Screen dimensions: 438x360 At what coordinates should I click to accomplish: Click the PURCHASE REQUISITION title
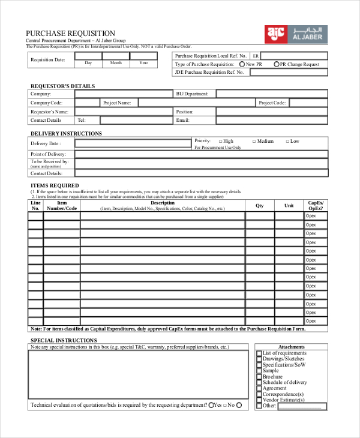70,33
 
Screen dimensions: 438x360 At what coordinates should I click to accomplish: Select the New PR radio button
242,64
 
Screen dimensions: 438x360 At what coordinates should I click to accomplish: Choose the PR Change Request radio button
277,64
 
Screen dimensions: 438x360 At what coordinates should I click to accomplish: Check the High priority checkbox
221,142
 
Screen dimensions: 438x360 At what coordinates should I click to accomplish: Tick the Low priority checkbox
287,142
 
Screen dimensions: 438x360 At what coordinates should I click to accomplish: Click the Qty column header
260,206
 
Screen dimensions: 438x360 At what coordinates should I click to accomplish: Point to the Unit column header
289,206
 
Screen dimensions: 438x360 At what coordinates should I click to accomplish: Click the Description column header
163,203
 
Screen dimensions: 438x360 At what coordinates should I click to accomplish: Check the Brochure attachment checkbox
259,377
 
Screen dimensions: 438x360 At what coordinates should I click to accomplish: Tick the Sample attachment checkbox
259,371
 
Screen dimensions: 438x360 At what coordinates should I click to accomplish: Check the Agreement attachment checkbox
259,388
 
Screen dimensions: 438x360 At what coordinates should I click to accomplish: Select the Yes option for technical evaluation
212,406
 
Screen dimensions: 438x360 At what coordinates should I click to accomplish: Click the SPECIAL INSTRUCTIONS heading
64,340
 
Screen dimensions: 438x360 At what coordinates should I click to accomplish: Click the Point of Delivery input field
201,154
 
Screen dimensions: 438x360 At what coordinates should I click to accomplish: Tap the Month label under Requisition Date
116,63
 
